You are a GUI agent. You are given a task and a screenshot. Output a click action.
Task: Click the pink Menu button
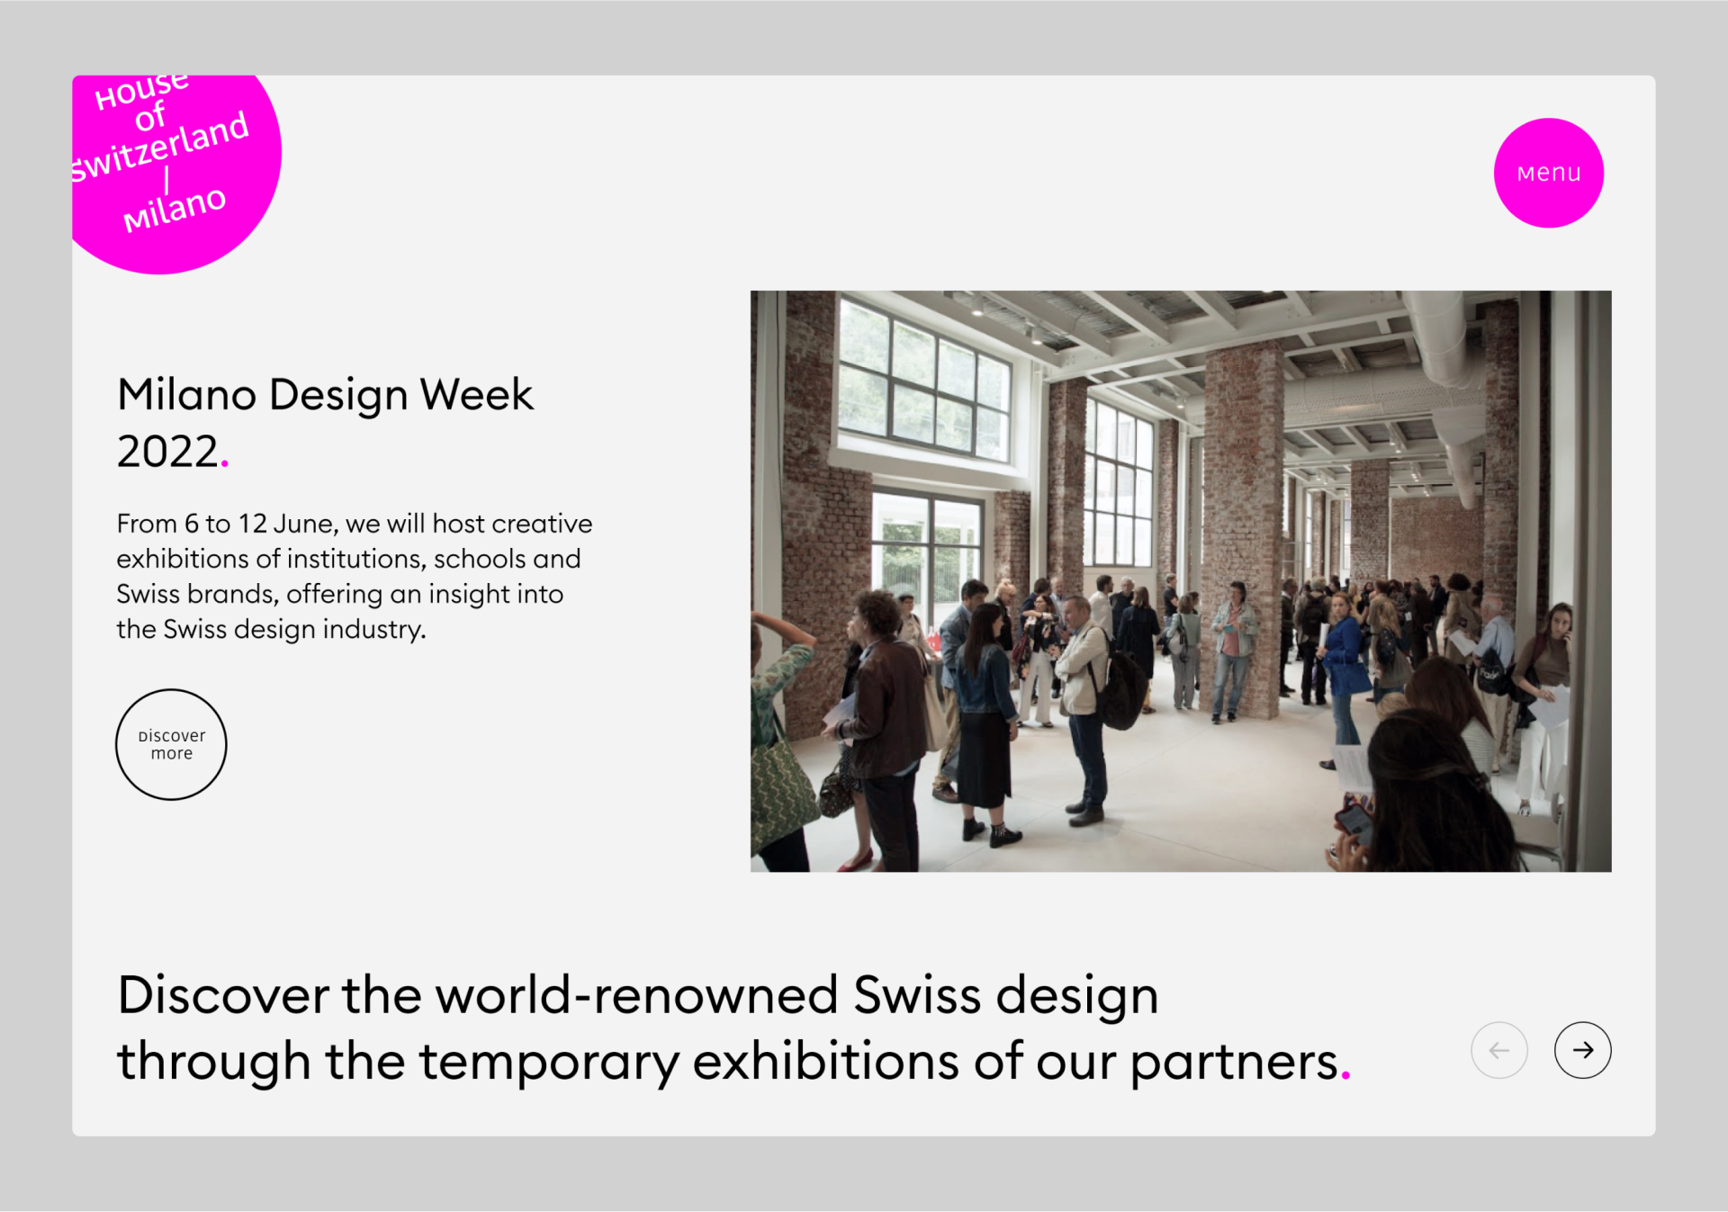(x=1548, y=173)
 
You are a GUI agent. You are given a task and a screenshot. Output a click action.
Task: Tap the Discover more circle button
(x=171, y=744)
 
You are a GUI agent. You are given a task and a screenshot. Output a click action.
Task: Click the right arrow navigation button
(x=1582, y=1050)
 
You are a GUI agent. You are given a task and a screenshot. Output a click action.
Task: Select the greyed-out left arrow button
(x=1498, y=1050)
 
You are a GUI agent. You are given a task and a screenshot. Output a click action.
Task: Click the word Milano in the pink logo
(x=174, y=209)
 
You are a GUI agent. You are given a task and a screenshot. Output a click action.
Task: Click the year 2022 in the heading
(x=167, y=451)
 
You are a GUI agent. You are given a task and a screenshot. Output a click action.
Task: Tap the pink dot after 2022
(x=224, y=464)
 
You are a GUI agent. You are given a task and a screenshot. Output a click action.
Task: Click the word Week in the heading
(x=477, y=394)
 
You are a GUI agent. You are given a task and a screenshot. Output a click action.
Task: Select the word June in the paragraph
(x=302, y=524)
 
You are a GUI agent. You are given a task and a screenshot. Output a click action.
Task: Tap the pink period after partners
(x=1345, y=1075)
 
